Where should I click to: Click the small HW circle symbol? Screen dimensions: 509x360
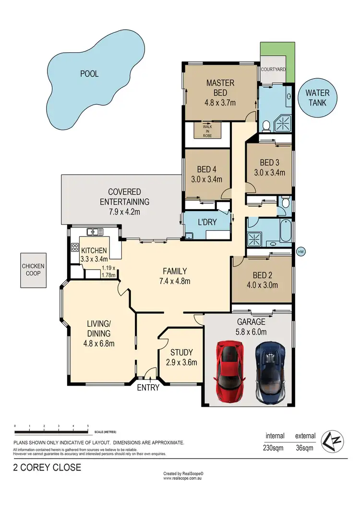[x=301, y=251]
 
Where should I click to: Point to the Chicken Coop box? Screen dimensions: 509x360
[x=33, y=270]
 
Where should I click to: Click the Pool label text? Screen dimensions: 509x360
[x=89, y=74]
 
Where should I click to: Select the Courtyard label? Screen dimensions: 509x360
[x=273, y=70]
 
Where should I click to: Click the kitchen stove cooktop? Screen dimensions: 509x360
[x=75, y=248]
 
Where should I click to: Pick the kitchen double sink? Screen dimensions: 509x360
[x=95, y=232]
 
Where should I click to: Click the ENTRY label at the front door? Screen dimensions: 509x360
[x=148, y=388]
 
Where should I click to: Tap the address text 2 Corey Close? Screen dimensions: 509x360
[x=47, y=467]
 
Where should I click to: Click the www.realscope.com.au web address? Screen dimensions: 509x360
[x=183, y=478]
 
